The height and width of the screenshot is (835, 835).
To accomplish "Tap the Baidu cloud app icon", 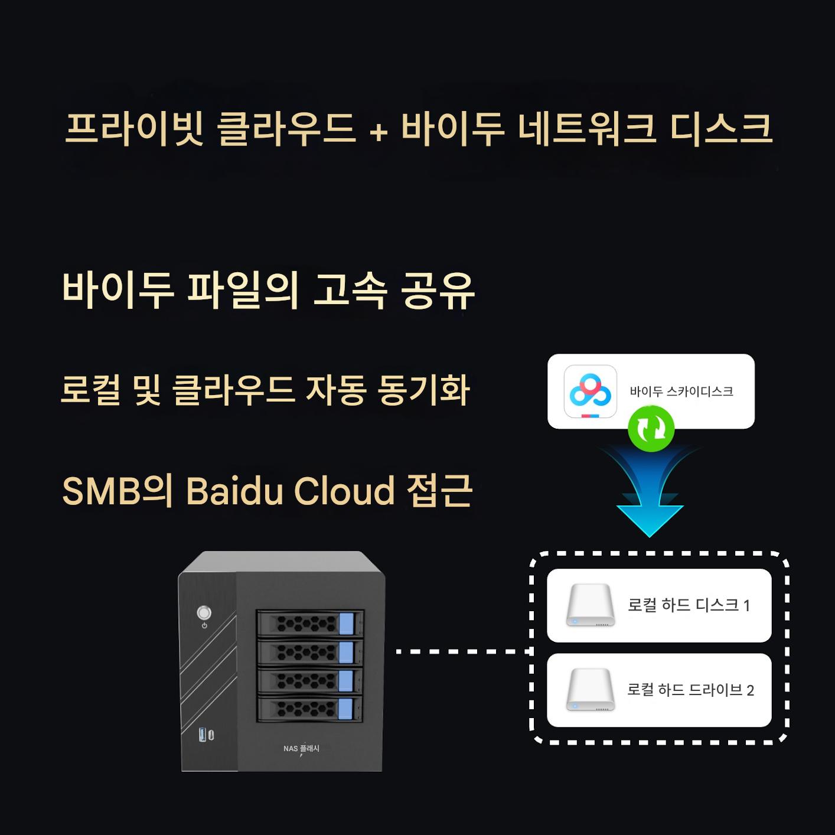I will click(590, 391).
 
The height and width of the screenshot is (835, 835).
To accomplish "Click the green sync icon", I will click(651, 428).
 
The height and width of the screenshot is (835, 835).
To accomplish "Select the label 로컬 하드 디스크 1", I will click(689, 605).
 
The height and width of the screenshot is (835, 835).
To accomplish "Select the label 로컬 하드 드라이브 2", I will click(690, 690).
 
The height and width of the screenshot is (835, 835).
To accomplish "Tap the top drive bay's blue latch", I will click(346, 624).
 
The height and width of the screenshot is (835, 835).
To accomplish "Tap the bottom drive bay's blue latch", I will click(346, 709).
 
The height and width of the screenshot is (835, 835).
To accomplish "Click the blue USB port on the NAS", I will click(203, 735).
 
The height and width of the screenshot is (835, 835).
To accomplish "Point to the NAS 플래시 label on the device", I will click(301, 749).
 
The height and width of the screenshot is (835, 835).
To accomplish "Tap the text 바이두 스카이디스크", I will click(681, 392).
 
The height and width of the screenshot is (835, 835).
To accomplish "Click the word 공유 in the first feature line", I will click(438, 291).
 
